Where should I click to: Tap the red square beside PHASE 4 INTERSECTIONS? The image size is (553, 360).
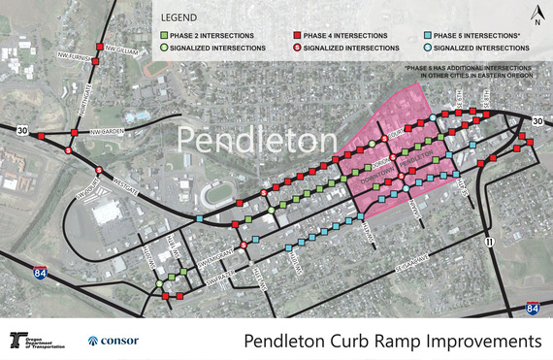click(296, 35)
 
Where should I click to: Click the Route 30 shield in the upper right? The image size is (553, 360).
click(538, 119)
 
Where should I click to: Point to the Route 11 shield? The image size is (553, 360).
click(491, 243)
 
